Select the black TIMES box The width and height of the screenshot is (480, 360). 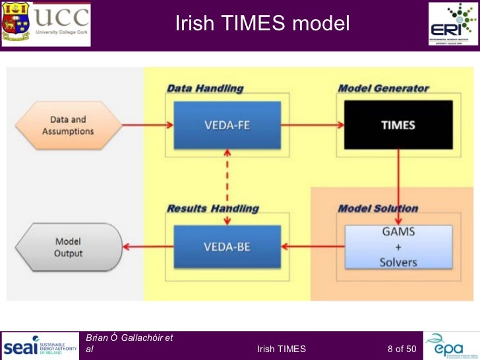pos(398,125)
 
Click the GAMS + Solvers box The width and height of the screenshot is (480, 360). pos(398,247)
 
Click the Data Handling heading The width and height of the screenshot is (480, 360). pos(204,88)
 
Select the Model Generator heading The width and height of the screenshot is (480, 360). pos(383,88)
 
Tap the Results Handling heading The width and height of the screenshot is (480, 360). pos(212,209)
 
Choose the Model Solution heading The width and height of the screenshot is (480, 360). pos(378,209)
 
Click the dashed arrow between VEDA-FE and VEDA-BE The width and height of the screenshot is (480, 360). pos(227,177)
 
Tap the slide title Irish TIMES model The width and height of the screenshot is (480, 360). pos(262,24)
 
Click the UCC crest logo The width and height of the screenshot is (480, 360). pos(16,23)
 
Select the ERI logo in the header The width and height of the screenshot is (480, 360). pos(454,23)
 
